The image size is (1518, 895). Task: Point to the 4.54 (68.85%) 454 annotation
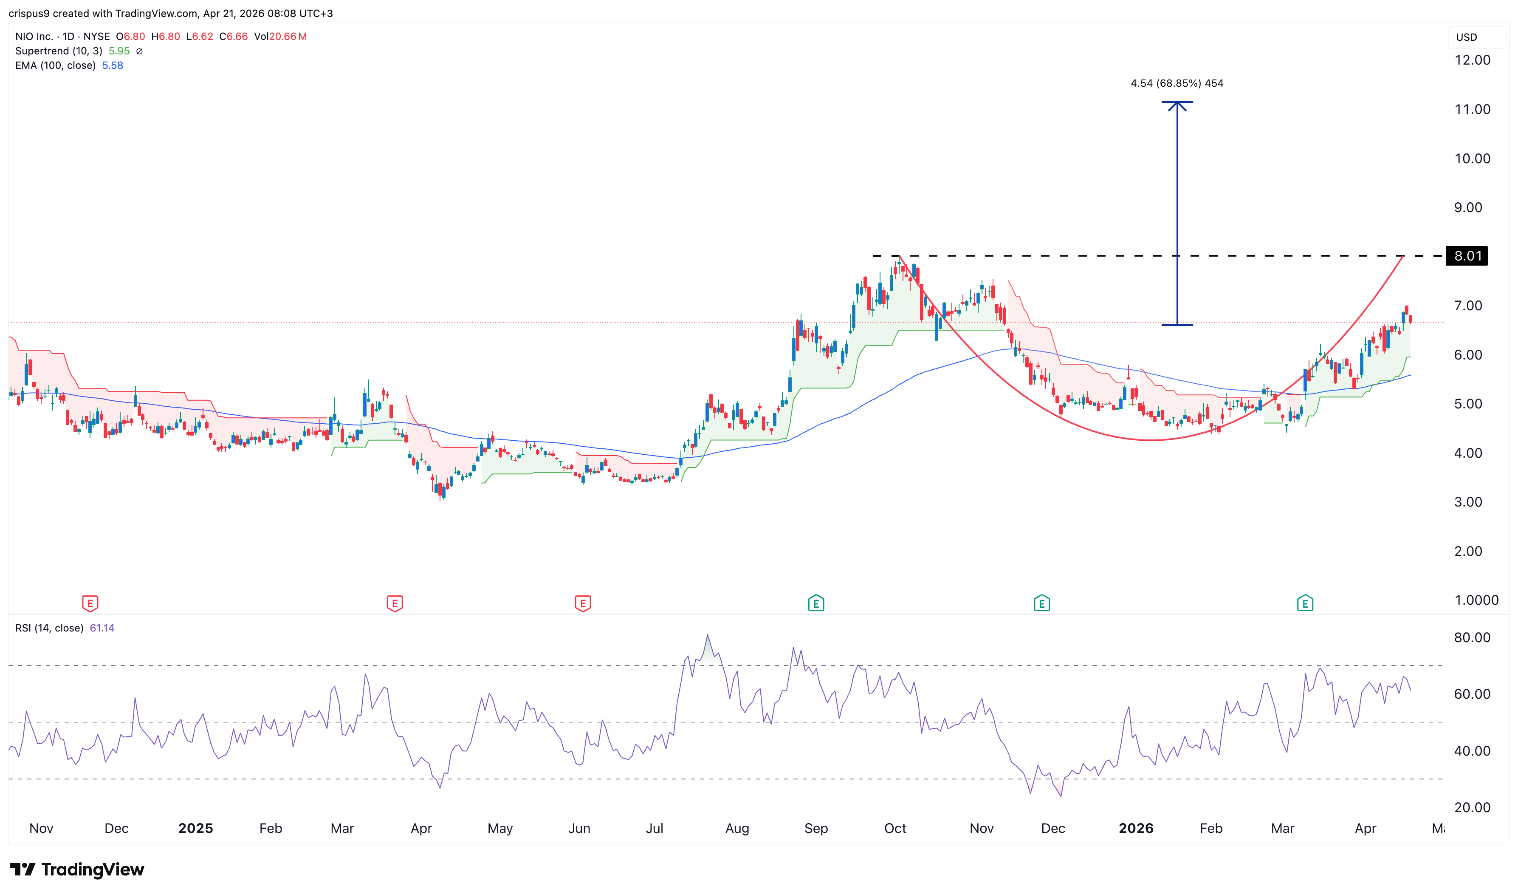pyautogui.click(x=1177, y=83)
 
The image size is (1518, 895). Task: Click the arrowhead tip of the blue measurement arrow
pyautogui.click(x=1177, y=102)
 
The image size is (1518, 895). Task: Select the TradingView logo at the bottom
pyautogui.click(x=77, y=869)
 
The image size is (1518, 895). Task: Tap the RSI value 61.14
pyautogui.click(x=102, y=628)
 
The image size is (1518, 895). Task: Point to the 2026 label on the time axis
pyautogui.click(x=1135, y=828)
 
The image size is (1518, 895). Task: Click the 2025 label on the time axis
pyautogui.click(x=195, y=828)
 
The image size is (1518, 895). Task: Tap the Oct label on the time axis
pyautogui.click(x=895, y=828)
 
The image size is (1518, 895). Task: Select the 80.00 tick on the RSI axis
pyautogui.click(x=1472, y=637)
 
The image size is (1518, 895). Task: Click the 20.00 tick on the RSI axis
pyautogui.click(x=1472, y=807)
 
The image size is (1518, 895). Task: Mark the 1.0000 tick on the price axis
pyautogui.click(x=1476, y=600)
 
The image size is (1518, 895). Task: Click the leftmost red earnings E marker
pyautogui.click(x=90, y=603)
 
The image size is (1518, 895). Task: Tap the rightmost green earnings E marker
pyautogui.click(x=1305, y=603)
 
